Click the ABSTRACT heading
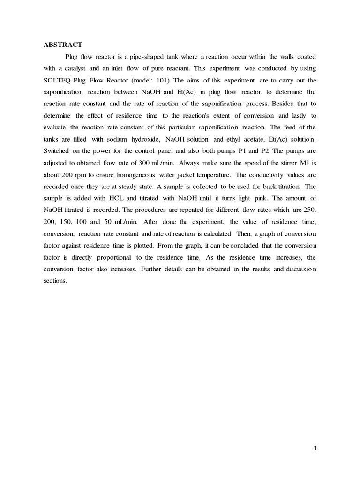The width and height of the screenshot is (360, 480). [x=63, y=45]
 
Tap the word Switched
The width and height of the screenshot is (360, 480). [x=57, y=151]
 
